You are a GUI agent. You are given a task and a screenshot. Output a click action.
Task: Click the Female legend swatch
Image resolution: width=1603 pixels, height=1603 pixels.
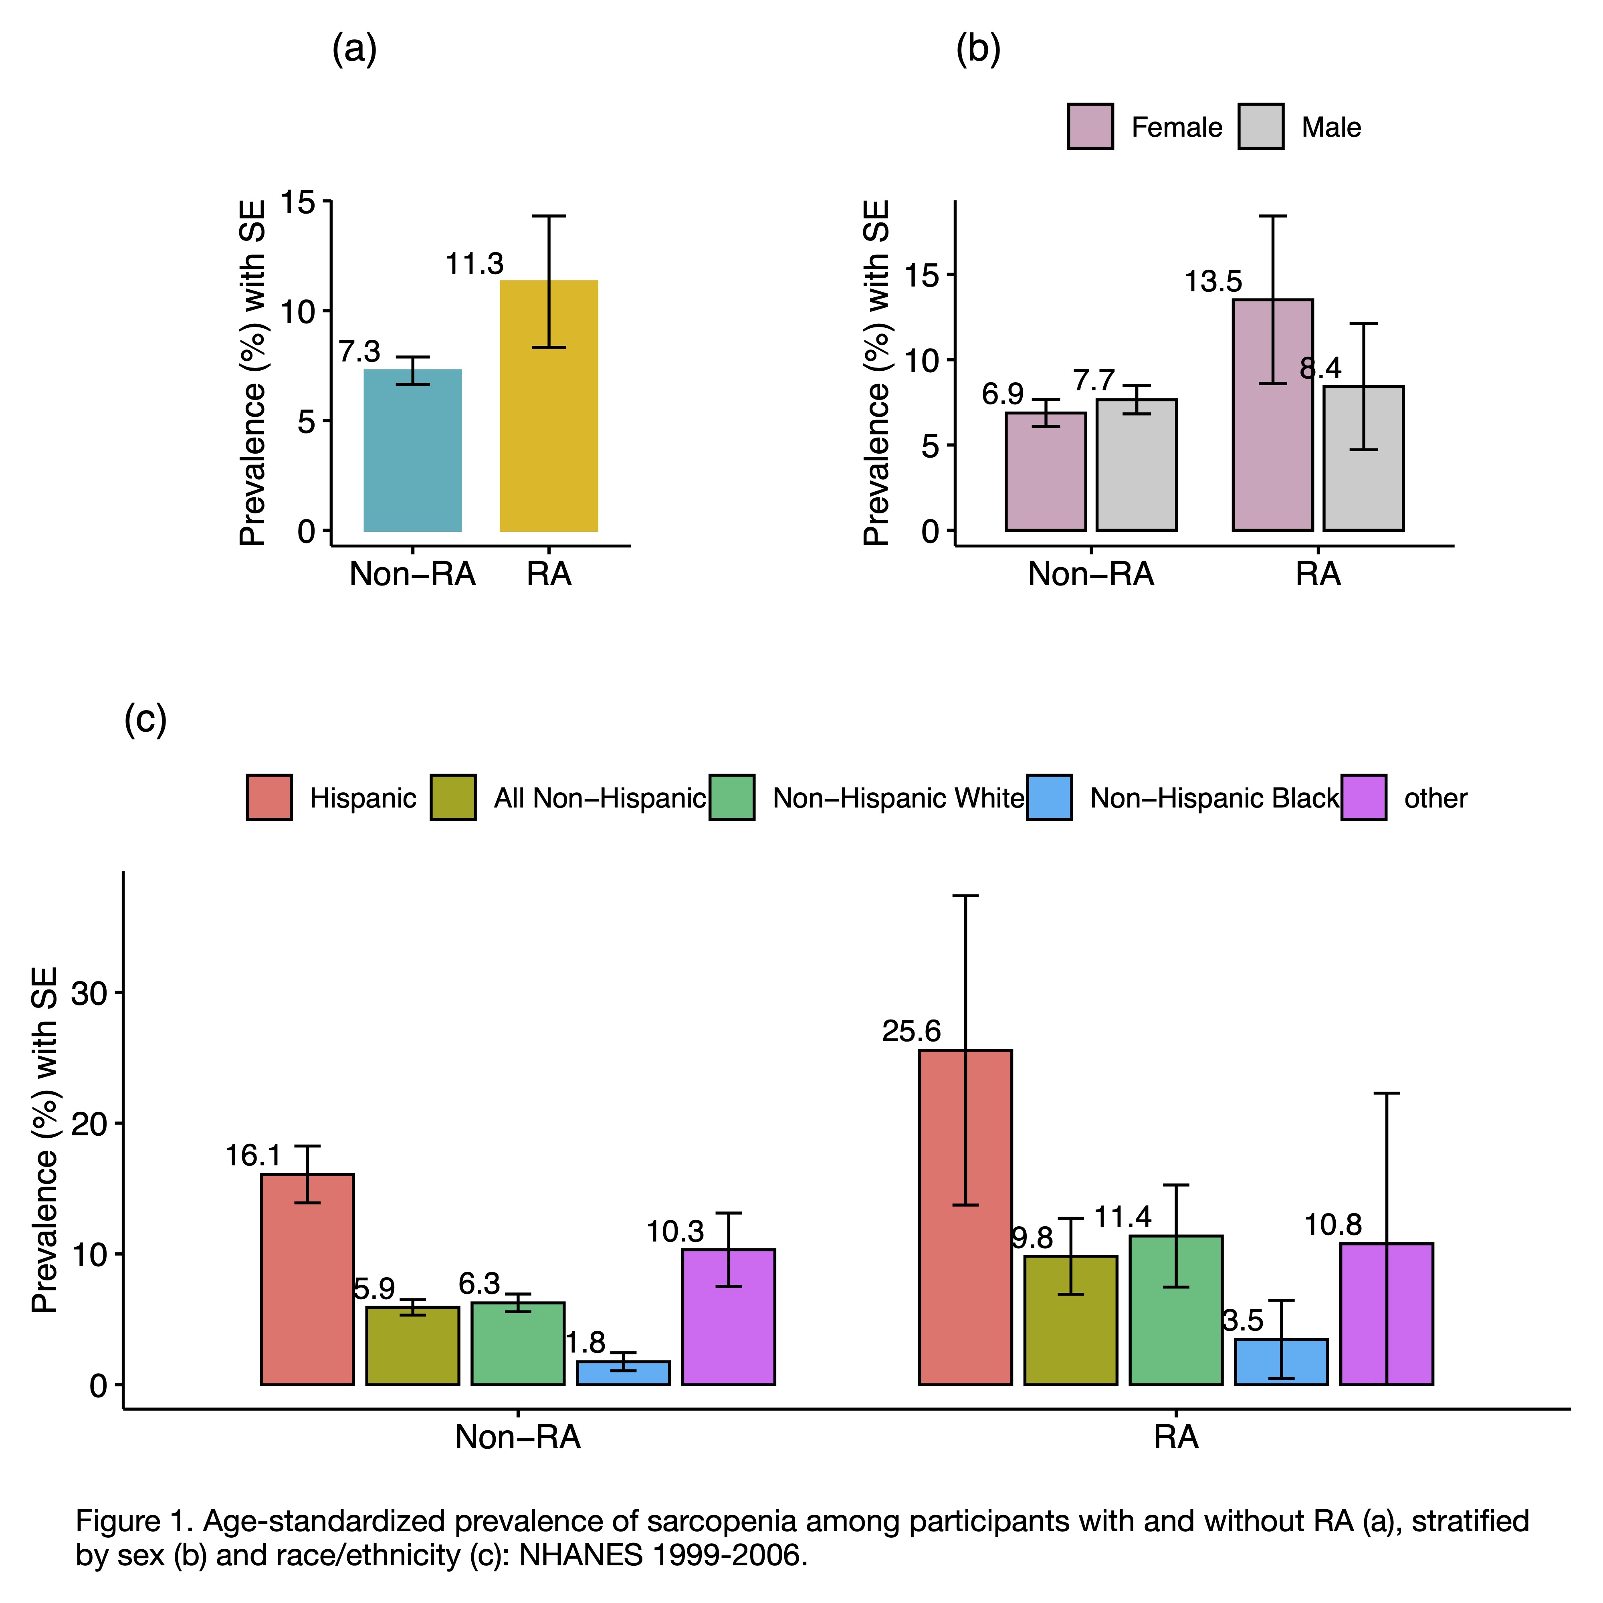[1090, 127]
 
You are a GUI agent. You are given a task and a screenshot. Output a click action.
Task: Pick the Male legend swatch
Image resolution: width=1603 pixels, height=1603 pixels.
[1260, 127]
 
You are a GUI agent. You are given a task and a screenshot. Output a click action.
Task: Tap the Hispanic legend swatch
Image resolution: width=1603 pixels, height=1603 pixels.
[269, 797]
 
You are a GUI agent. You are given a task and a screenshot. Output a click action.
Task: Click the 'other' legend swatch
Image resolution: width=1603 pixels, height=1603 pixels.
[1363, 797]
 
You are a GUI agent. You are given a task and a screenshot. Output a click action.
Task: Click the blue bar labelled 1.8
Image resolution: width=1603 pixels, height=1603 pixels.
[623, 1373]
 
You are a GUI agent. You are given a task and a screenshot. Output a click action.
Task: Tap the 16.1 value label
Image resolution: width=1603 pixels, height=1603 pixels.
[253, 1156]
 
